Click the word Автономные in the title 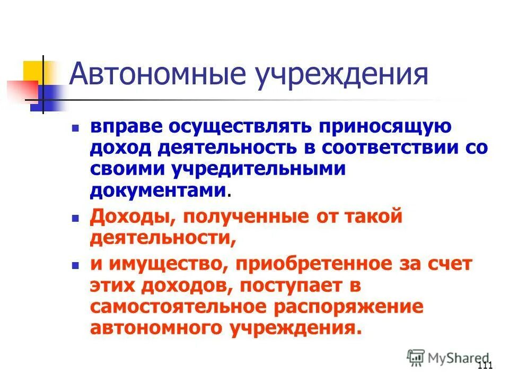[x=156, y=75]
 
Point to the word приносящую [x=385, y=128]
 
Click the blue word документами [x=158, y=189]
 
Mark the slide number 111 [x=485, y=367]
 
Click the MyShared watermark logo [x=447, y=358]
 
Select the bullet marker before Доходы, [x=75, y=218]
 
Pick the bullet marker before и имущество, [x=75, y=265]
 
